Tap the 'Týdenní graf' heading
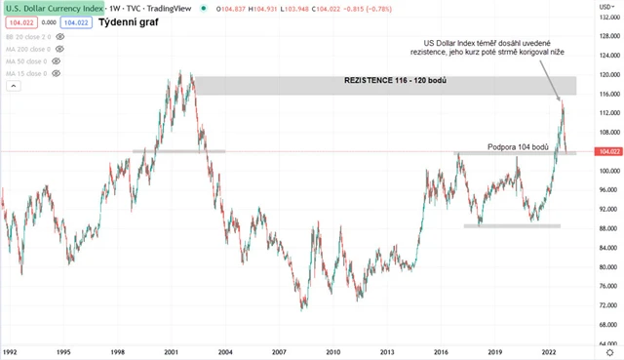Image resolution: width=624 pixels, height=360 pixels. tap(131, 20)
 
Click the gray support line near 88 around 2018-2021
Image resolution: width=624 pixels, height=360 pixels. tap(512, 226)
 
